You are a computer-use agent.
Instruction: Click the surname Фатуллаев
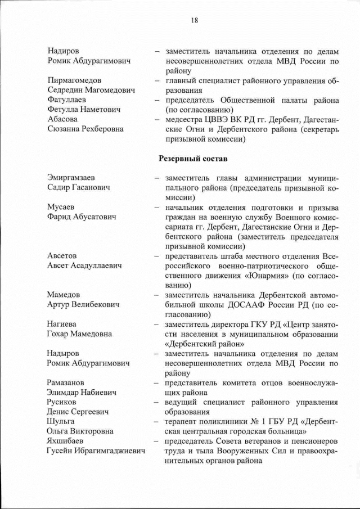coord(67,100)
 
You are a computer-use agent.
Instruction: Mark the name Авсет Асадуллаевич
coord(85,265)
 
